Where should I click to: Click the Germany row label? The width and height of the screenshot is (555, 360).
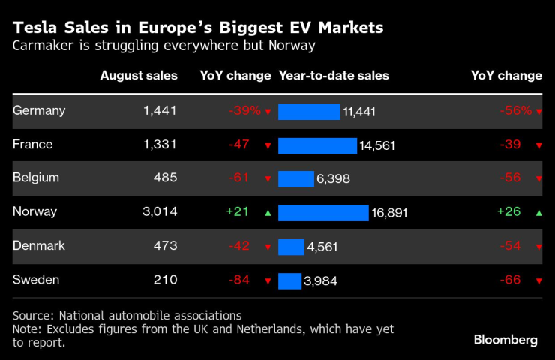(x=39, y=110)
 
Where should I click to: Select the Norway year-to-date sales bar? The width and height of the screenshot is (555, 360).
(x=323, y=213)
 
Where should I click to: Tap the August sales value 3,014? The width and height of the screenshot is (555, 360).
(x=160, y=212)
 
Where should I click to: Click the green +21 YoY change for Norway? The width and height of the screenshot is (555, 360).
(x=238, y=212)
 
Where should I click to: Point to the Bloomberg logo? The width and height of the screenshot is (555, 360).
(x=505, y=340)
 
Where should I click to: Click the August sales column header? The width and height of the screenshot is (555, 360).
(x=139, y=76)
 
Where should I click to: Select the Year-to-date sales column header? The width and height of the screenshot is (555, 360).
(x=334, y=76)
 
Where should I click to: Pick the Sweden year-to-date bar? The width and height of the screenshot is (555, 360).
(x=289, y=280)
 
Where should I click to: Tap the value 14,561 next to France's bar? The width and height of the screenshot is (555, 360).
(x=377, y=145)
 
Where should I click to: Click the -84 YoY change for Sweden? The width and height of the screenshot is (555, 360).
(x=240, y=280)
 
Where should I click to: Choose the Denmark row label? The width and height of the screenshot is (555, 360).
(x=39, y=246)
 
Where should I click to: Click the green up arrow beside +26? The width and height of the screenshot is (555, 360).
(x=538, y=213)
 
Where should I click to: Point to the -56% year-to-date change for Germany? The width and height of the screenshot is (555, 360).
(x=515, y=110)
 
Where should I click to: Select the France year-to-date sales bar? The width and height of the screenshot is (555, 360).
(x=317, y=145)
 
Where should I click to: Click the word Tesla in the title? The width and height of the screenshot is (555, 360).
(x=35, y=28)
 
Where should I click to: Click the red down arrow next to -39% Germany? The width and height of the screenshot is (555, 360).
(x=268, y=112)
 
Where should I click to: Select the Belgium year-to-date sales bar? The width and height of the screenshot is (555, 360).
(x=295, y=179)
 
